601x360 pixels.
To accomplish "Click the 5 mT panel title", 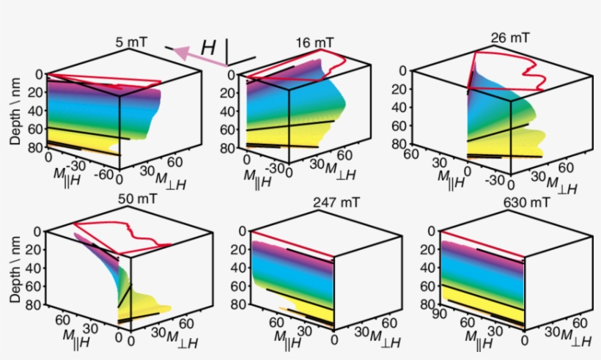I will [131, 42].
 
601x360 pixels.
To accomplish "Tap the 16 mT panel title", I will [313, 43].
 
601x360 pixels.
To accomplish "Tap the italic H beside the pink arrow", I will [208, 48].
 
